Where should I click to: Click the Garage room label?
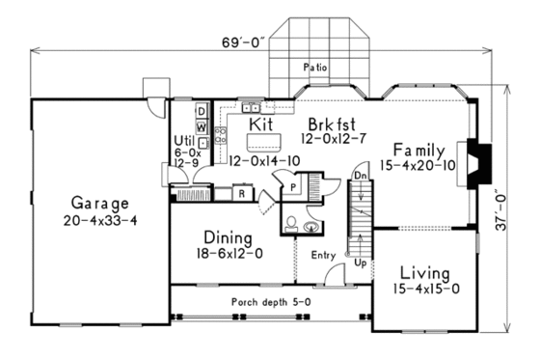tap(99, 204)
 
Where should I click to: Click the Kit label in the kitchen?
tap(260, 125)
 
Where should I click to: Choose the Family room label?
tap(418, 151)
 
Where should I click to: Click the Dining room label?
tap(228, 237)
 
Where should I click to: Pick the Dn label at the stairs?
tap(358, 176)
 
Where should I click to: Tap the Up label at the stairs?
tap(359, 262)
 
